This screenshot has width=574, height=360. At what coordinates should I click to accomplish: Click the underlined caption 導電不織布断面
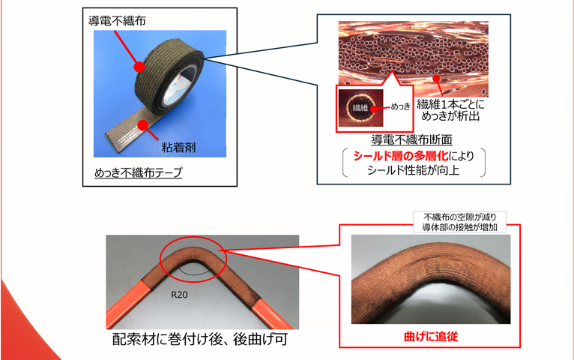click(x=411, y=139)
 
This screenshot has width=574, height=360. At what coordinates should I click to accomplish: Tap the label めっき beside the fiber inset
click(x=402, y=106)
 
